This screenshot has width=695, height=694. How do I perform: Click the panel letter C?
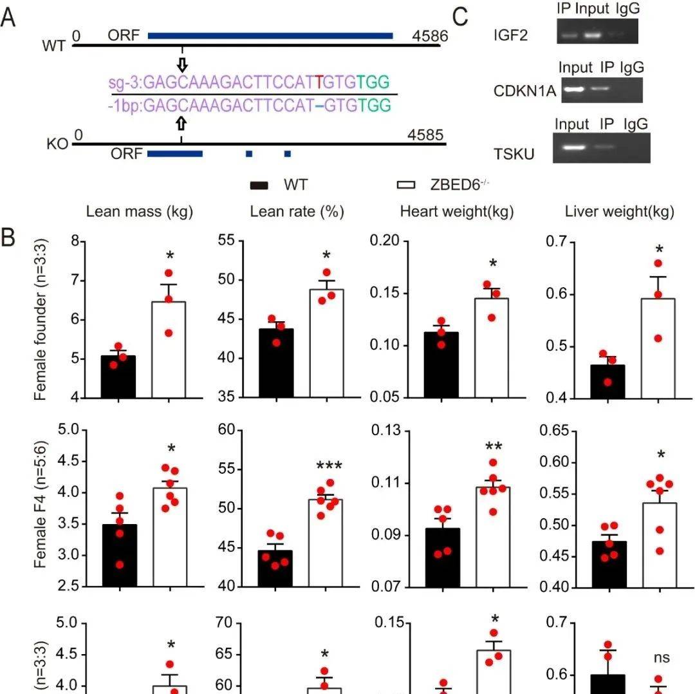click(x=460, y=16)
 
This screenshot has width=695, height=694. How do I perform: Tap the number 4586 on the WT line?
click(x=430, y=36)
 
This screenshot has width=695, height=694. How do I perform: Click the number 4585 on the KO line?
click(x=426, y=135)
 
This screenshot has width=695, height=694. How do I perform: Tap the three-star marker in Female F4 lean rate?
click(x=329, y=466)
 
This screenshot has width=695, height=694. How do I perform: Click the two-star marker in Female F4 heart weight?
click(x=494, y=446)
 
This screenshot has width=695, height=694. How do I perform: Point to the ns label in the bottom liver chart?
click(x=662, y=657)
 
